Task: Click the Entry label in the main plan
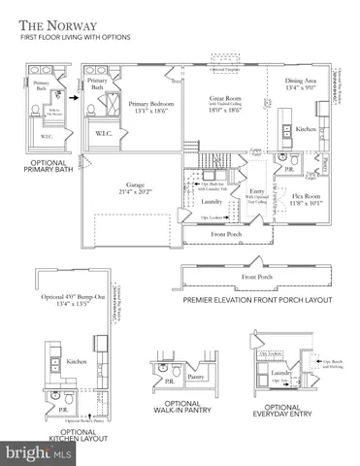click(x=258, y=191)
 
